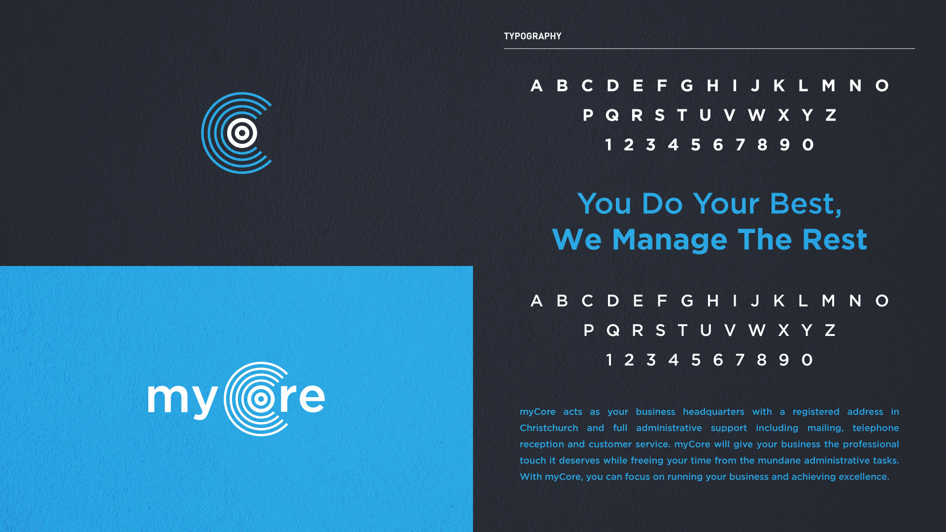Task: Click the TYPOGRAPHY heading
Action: [x=532, y=36]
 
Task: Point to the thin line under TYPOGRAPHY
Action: [x=709, y=48]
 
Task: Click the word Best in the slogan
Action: [x=806, y=203]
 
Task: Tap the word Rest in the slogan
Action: [x=835, y=239]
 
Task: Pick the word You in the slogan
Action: [x=604, y=203]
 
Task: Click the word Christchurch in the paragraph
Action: [x=549, y=428]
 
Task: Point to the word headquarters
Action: [x=713, y=412]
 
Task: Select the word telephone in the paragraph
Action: [x=876, y=428]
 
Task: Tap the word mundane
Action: [x=779, y=460]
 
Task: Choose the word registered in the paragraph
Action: [x=816, y=412]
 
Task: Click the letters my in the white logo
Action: [x=182, y=400]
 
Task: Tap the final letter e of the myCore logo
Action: [x=312, y=398]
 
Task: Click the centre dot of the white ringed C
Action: [x=261, y=399]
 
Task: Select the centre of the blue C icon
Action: [x=241, y=133]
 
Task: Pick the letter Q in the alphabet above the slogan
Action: [x=612, y=115]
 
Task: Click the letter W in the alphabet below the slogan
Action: [x=757, y=330]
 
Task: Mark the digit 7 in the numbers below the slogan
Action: [x=740, y=360]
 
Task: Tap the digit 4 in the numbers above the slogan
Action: [x=673, y=145]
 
